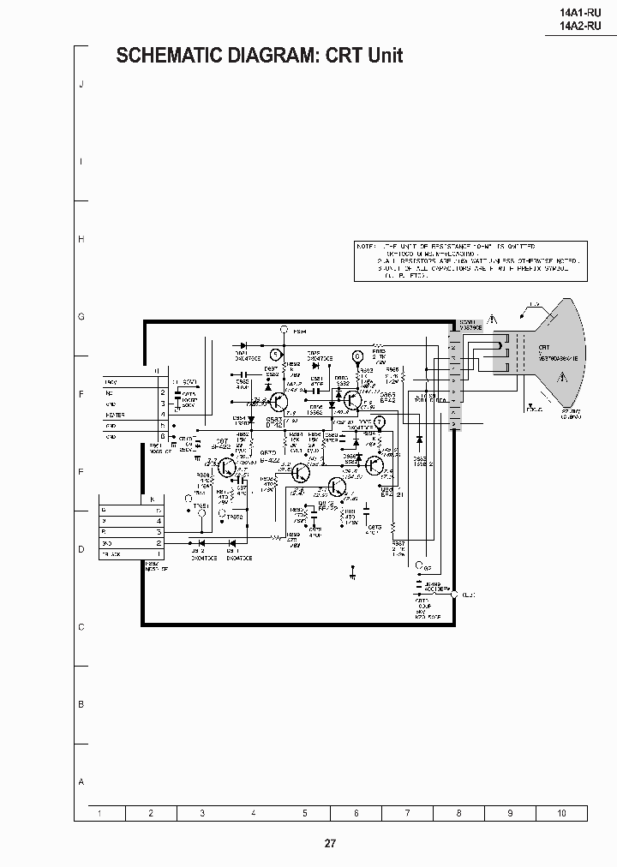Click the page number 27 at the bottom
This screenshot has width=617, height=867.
[x=330, y=843]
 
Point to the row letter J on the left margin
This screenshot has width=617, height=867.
[x=81, y=84]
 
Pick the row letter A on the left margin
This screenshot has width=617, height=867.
[x=81, y=782]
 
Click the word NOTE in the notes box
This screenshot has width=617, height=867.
[x=366, y=246]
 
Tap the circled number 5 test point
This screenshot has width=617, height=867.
[x=275, y=353]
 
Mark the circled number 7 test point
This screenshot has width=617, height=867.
[x=380, y=420]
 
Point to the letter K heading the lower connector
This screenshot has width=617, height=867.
[x=152, y=499]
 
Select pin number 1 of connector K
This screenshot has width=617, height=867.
[x=159, y=554]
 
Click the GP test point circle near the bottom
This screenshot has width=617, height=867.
[x=417, y=565]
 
